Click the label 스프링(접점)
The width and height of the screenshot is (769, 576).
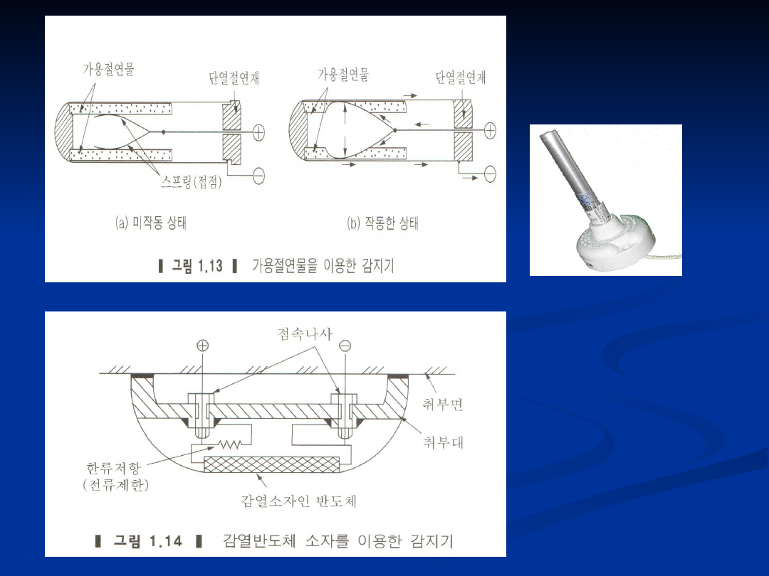coord(192,182)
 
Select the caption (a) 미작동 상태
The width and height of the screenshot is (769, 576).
coord(151,223)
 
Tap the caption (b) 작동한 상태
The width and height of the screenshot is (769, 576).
coord(382,223)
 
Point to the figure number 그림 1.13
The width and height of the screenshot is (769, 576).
coord(197,266)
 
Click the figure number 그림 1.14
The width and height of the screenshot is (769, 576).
coord(148,541)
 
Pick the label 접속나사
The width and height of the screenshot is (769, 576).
coord(305,334)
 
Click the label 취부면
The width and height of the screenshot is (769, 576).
coord(442,404)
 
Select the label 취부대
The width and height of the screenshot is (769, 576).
coord(443,442)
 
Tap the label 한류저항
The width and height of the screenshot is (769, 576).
coord(114,468)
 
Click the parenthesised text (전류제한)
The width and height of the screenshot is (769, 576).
coord(116,485)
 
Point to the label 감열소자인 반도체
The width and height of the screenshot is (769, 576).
coord(298,501)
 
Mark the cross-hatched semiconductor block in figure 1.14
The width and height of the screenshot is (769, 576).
coord(271,464)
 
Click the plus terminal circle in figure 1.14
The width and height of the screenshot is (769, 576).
coord(202,346)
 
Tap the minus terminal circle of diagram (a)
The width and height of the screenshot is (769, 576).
coord(259,176)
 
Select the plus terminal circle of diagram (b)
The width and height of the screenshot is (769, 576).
coord(490,130)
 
